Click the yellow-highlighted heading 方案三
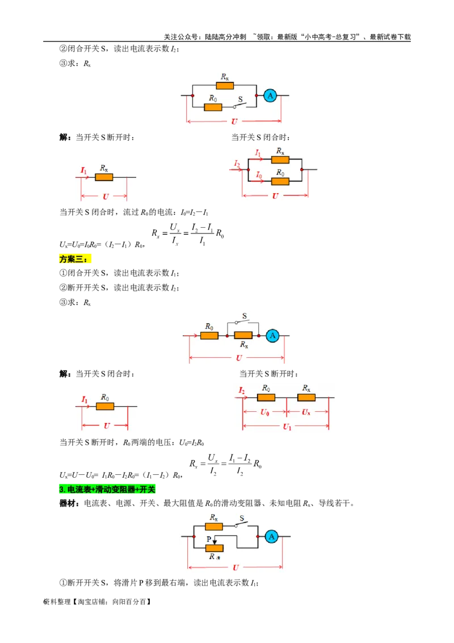tap(74, 259)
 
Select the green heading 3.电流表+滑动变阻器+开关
tap(107, 489)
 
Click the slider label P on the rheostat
tap(208, 537)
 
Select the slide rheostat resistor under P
tap(215, 548)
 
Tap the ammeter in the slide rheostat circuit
tap(272, 536)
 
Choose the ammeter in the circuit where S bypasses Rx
tap(272, 336)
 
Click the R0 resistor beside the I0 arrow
tap(280, 181)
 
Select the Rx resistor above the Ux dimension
tap(306, 398)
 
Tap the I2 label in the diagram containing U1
tap(242, 391)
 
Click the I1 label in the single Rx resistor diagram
tap(83, 170)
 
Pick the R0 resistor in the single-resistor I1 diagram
tap(105, 406)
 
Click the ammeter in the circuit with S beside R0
tap(271, 96)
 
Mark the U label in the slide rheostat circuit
tap(236, 567)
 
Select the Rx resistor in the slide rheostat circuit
tap(214, 527)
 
